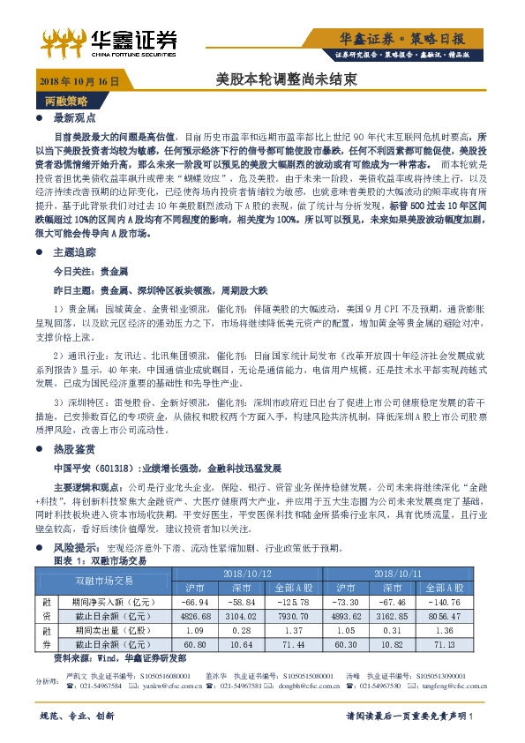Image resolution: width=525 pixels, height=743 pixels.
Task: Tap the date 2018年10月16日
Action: (x=79, y=80)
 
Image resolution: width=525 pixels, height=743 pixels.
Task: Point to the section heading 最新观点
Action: (x=72, y=117)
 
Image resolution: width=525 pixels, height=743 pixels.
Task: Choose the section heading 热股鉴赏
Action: (x=72, y=449)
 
